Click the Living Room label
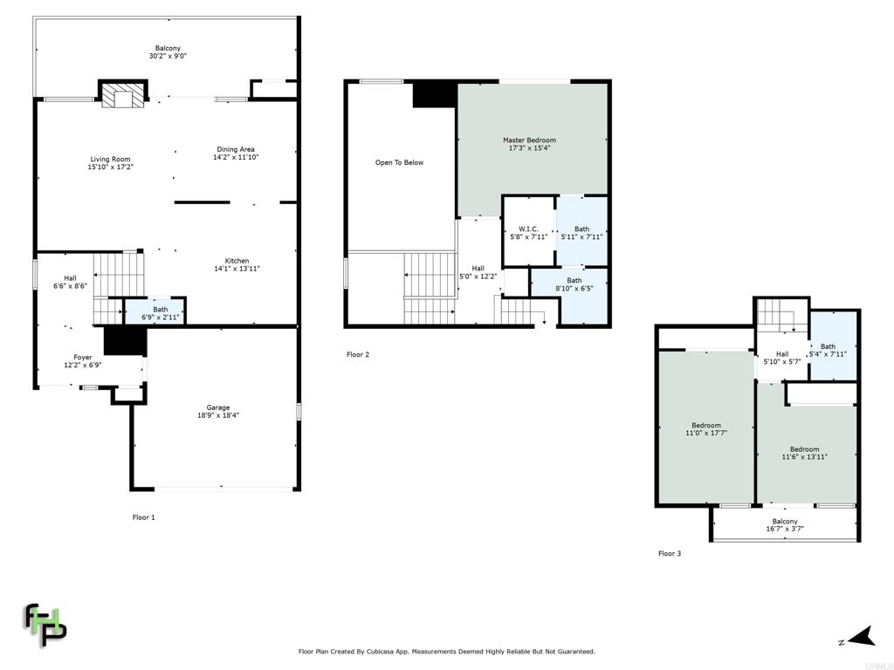click(x=111, y=160)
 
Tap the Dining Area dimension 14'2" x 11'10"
click(x=236, y=157)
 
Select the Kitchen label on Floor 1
click(x=237, y=261)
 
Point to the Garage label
click(x=218, y=407)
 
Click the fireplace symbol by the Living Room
click(x=123, y=94)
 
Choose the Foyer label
click(x=83, y=358)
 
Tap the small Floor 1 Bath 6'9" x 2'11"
click(x=161, y=313)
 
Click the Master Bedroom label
click(x=530, y=140)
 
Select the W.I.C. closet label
click(x=528, y=229)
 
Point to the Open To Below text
click(x=400, y=163)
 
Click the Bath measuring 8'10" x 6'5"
click(x=574, y=284)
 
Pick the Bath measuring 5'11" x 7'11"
click(x=582, y=233)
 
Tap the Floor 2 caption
click(x=358, y=354)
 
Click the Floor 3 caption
click(x=670, y=553)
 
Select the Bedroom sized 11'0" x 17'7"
click(x=706, y=429)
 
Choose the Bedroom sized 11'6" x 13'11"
click(x=804, y=453)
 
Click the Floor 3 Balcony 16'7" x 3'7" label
click(x=785, y=524)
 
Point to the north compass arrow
click(x=862, y=637)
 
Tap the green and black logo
click(x=45, y=625)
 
